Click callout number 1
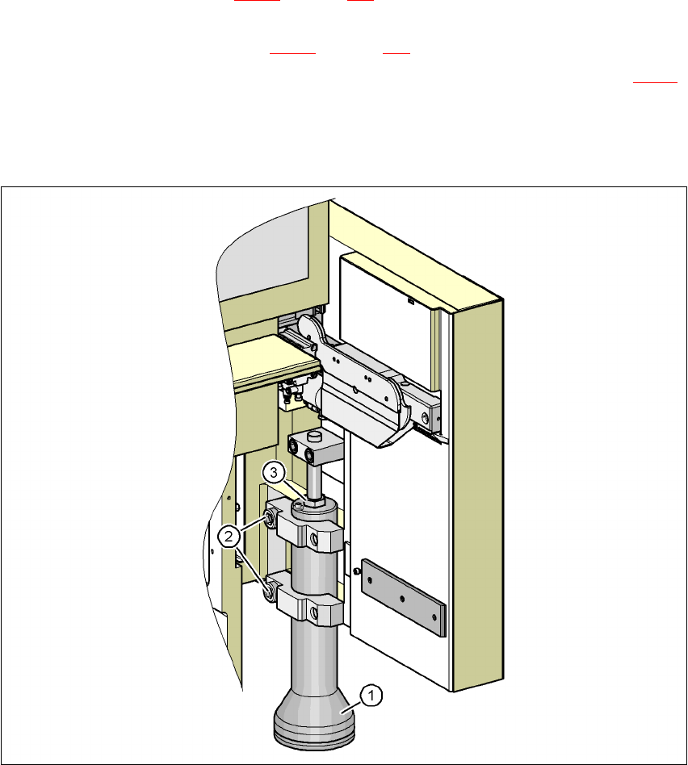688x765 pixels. tap(371, 696)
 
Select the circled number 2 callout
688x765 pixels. tap(229, 537)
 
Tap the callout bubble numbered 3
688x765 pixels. tap(274, 472)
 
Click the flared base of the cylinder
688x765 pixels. tap(313, 721)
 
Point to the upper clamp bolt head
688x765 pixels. tap(270, 518)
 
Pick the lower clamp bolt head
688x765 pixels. tap(269, 591)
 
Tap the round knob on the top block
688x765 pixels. tap(315, 435)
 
